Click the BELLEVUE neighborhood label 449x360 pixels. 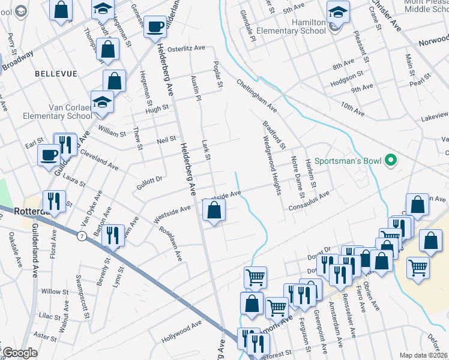pos(56,73)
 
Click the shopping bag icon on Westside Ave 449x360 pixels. pos(214,210)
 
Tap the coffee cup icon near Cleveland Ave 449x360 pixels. pos(49,155)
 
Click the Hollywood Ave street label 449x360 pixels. pos(181,332)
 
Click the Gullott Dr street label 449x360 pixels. pos(149,184)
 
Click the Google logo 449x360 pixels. pos(19,353)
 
